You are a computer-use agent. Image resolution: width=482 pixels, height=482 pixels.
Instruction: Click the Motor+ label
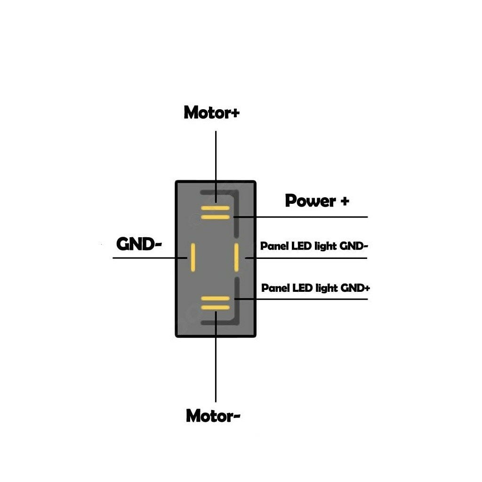pos(211,113)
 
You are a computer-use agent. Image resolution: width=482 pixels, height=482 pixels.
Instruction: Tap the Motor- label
pos(213,416)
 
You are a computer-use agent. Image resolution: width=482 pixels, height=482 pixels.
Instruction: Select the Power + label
pos(317,201)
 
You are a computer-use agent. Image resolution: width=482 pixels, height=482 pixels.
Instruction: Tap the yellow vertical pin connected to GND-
pos(193,257)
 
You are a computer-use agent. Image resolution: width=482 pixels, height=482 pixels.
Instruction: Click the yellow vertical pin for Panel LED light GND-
pos(236,257)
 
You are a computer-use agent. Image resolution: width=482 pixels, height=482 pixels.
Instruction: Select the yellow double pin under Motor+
pos(215,212)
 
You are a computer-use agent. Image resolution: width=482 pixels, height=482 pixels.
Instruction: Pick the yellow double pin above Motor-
pos(215,303)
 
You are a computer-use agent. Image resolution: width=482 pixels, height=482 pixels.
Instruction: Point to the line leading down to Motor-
pos(216,367)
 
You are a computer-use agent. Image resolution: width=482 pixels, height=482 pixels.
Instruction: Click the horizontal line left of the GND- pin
pos(146,258)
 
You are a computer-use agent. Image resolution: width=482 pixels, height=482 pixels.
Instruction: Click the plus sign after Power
pos(345,201)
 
